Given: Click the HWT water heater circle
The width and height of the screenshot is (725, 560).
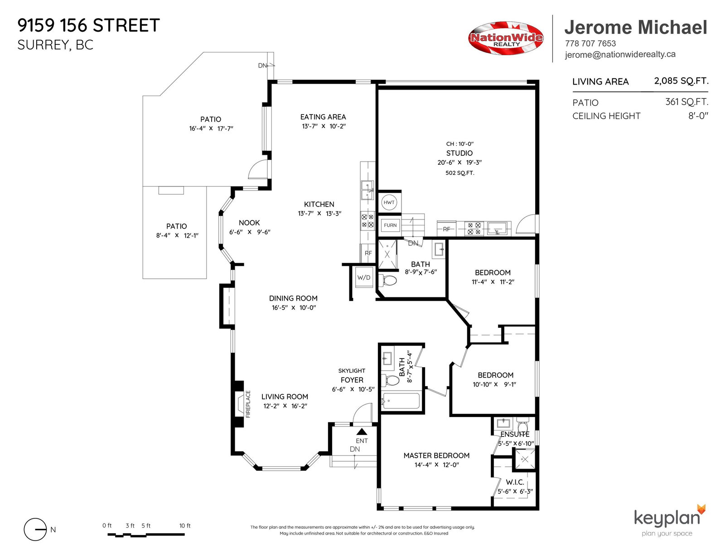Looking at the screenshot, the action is point(389,202).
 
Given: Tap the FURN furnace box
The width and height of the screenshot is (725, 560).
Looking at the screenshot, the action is point(390,225).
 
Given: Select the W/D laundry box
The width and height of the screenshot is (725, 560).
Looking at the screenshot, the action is point(364,278).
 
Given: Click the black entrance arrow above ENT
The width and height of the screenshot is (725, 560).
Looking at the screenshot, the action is point(362,432).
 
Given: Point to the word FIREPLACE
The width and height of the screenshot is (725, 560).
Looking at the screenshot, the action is point(248,404).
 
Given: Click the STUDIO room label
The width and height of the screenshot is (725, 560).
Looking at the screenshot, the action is point(459,153).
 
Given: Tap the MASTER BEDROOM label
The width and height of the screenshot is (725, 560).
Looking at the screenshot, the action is point(436,455).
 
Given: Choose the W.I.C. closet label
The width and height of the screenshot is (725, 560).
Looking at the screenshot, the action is point(515,482).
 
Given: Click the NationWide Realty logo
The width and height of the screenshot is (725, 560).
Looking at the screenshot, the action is point(506,38).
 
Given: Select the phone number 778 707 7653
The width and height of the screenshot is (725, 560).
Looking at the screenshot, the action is point(590,43).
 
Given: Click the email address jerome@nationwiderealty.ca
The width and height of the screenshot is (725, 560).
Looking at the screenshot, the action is point(620,54).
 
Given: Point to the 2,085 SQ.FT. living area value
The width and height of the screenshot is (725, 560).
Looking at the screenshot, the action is point(681,81).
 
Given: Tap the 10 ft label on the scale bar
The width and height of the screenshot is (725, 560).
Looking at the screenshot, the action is point(185,526).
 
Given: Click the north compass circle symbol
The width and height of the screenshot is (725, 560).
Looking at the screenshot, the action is point(35,529).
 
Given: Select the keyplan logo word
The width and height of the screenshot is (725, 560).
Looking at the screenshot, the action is point(667,519).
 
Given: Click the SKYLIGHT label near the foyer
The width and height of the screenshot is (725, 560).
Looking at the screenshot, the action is point(352,371).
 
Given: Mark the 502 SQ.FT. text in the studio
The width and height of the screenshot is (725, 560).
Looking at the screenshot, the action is point(460,173).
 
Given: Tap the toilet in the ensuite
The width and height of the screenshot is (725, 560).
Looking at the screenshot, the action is point(522,424).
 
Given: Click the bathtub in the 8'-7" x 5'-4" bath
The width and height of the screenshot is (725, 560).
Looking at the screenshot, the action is point(401,401).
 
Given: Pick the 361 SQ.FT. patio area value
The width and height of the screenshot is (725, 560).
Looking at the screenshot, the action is point(686,102).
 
